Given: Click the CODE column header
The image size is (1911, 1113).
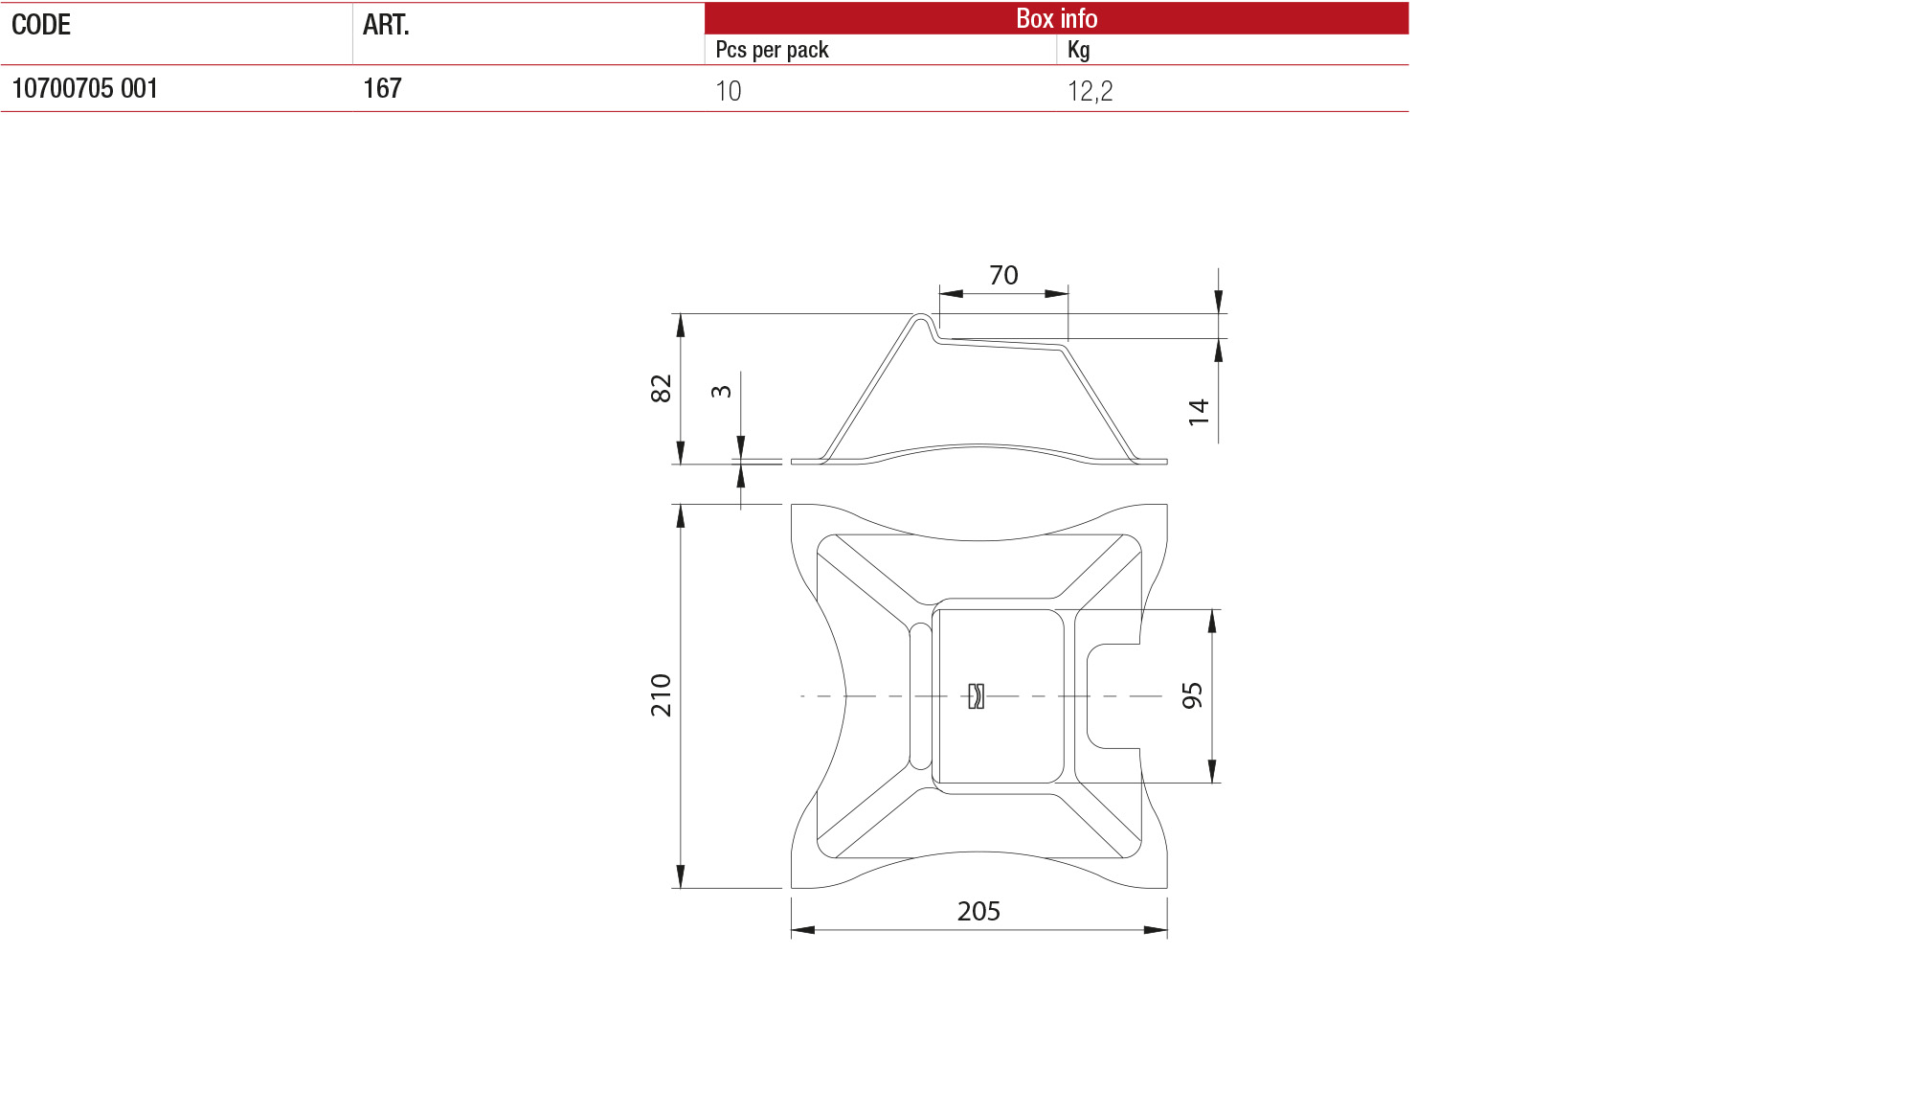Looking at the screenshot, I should [x=41, y=25].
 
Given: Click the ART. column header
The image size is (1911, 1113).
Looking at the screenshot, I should [x=386, y=25].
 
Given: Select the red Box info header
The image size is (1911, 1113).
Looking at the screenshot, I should [x=1055, y=18].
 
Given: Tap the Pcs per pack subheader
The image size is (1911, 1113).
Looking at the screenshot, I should [x=772, y=50].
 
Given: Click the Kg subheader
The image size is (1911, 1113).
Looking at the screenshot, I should [x=1078, y=50].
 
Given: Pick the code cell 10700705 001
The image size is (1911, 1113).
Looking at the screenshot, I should [x=84, y=89].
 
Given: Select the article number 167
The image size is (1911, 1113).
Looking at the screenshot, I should [x=382, y=89].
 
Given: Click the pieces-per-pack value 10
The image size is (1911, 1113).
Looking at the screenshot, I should [x=728, y=91].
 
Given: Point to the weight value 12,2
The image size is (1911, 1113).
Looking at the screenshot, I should [x=1090, y=91].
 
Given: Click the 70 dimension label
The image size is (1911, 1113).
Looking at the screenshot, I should [x=1003, y=275].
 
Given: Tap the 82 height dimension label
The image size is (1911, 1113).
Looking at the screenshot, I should [x=661, y=388].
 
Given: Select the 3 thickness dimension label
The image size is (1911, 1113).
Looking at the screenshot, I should [x=721, y=391].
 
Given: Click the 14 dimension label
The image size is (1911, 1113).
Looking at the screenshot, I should [x=1199, y=412].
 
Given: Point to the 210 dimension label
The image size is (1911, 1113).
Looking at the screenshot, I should [x=661, y=695].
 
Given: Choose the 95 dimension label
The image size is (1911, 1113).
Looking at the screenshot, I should [x=1192, y=695].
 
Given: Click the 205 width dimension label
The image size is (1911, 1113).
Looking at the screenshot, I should [x=978, y=911].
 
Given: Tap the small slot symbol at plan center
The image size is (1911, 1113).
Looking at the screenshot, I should [x=976, y=695].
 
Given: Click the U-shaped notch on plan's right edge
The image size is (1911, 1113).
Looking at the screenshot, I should [x=1111, y=696].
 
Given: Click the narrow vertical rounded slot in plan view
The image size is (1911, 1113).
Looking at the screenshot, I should [x=919, y=696].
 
